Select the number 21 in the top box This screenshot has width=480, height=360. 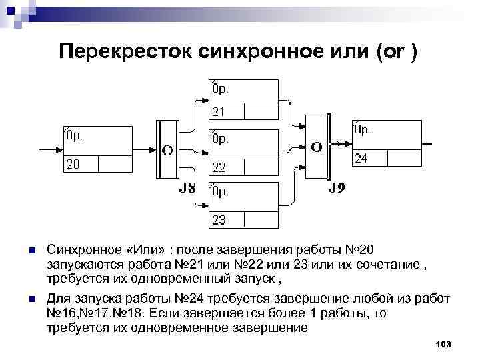(219, 111)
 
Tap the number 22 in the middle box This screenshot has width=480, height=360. (219, 166)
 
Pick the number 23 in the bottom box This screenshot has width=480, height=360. (219, 219)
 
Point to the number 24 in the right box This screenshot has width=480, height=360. (361, 159)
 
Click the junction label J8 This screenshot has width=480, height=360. (187, 189)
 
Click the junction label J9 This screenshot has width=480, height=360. (337, 189)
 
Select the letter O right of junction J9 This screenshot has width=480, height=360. (317, 146)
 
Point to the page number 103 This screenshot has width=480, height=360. (443, 344)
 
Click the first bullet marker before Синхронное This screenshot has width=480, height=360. (31, 251)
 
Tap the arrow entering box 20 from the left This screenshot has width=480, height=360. (53, 149)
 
